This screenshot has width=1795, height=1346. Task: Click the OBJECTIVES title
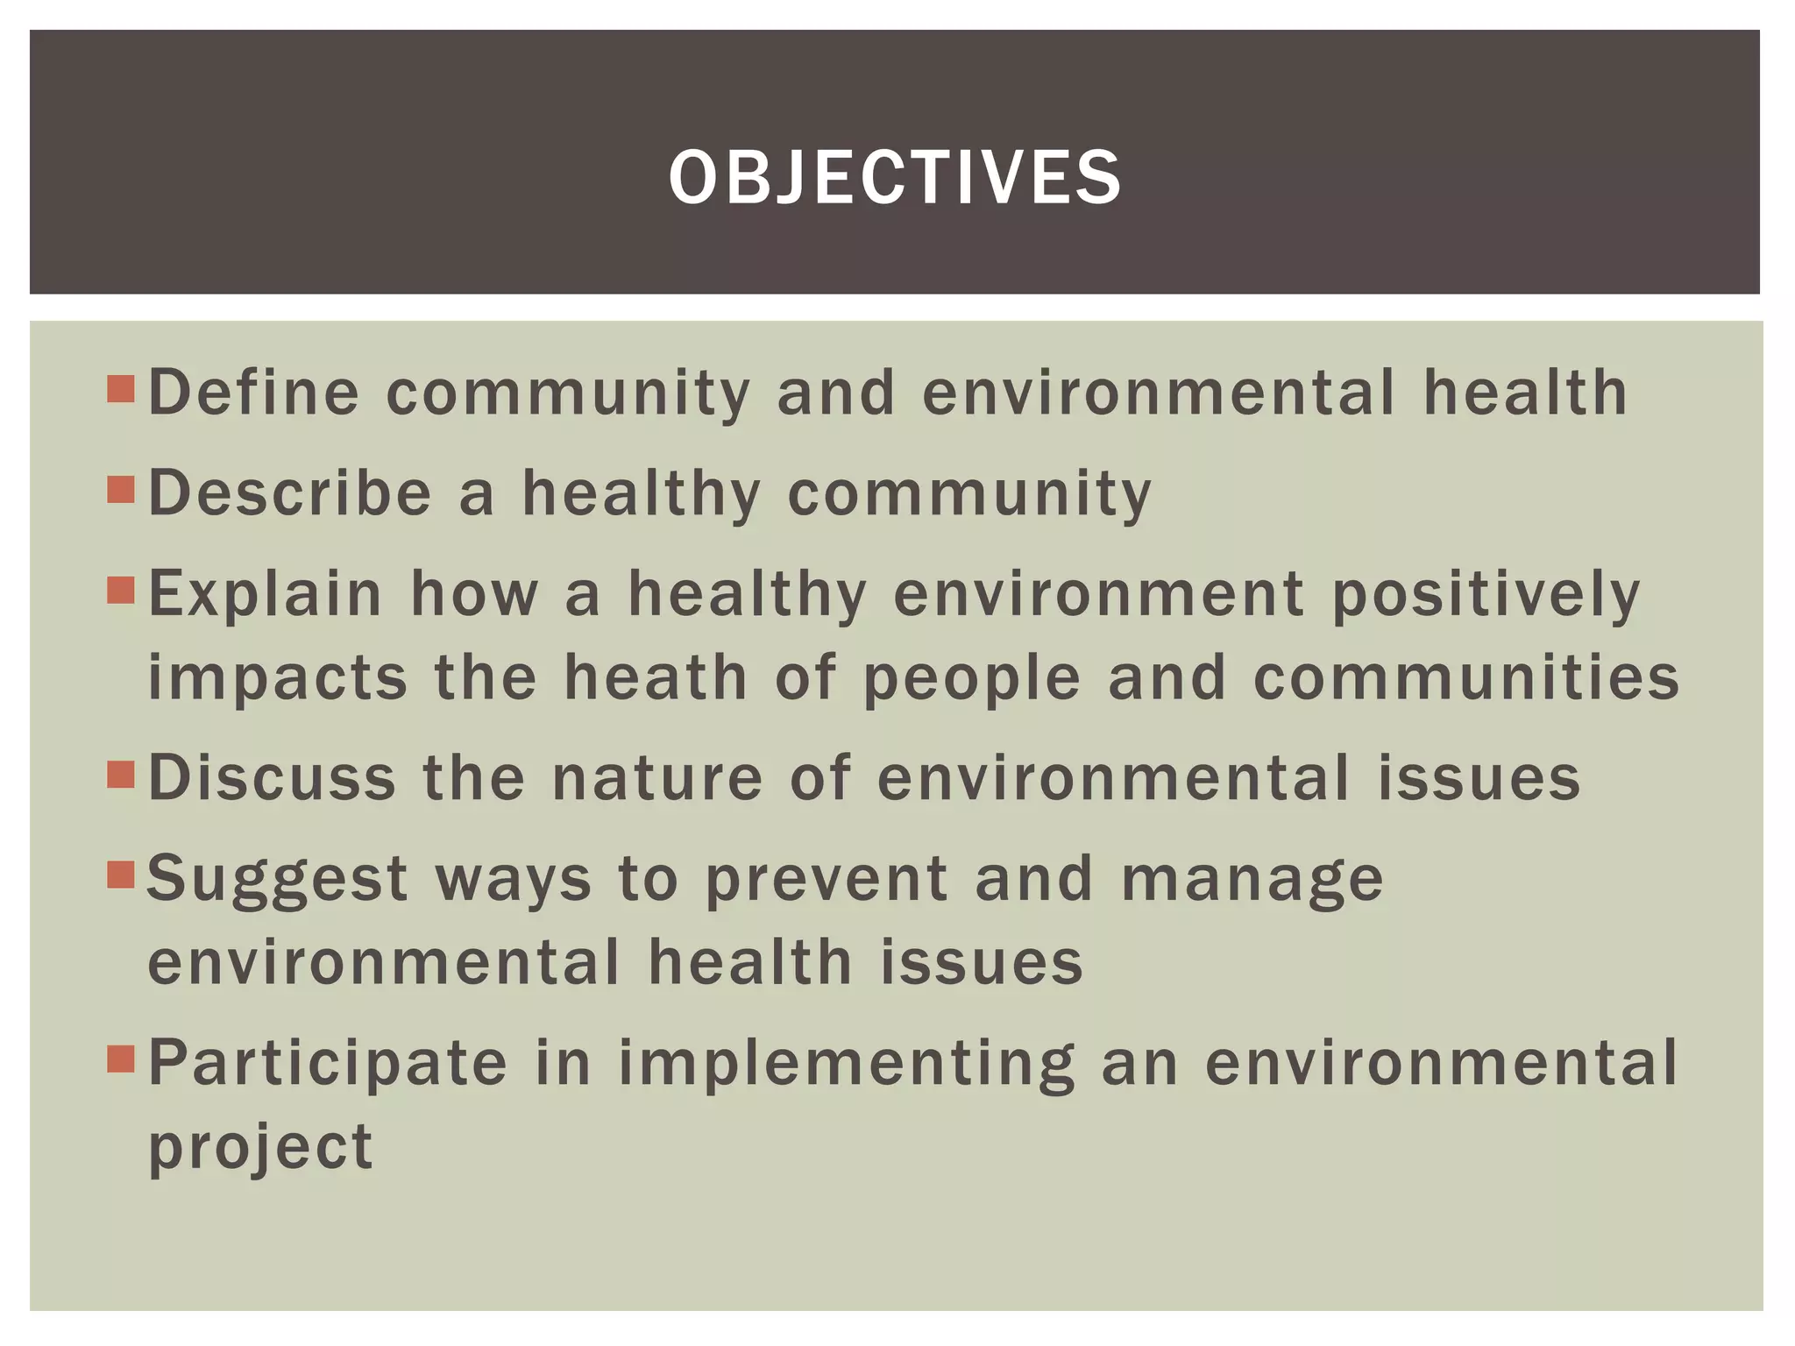tap(895, 178)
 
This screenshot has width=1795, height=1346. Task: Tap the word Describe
tap(290, 492)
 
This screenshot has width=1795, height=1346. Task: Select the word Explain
tap(266, 595)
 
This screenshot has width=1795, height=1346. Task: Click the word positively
tap(1486, 595)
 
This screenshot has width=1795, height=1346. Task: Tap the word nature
tap(657, 778)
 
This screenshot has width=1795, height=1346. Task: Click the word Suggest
tap(278, 880)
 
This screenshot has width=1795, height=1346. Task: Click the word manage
tap(1252, 880)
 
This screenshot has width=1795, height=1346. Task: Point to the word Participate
tap(328, 1063)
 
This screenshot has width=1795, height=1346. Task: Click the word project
tap(260, 1148)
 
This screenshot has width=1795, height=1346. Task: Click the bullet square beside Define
tap(121, 389)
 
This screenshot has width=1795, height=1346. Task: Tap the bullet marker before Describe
tap(121, 490)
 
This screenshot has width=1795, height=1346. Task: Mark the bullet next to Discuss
tap(121, 776)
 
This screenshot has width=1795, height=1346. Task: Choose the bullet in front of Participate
tap(121, 1060)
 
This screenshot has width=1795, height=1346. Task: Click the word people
tap(971, 679)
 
